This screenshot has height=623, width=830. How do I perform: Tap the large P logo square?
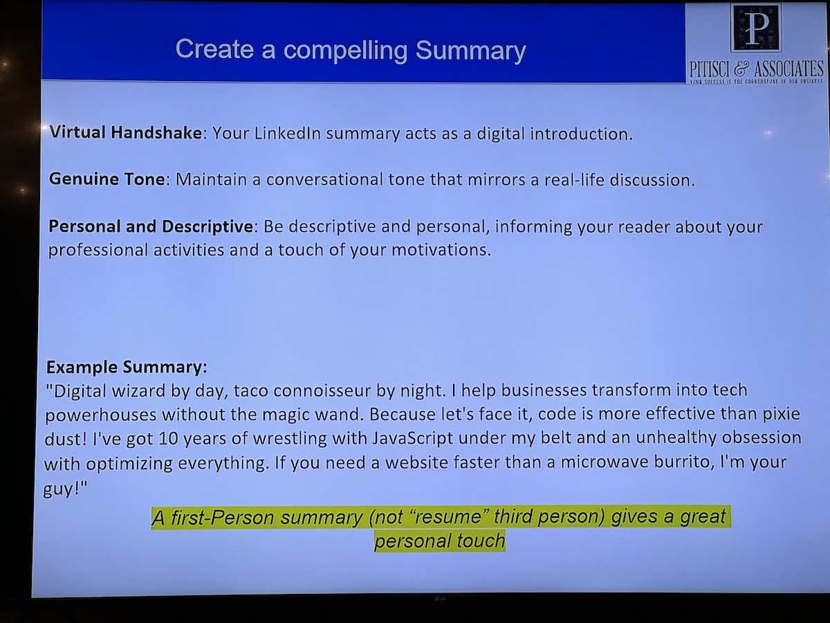pos(756,28)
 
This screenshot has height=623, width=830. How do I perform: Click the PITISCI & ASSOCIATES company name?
pos(756,69)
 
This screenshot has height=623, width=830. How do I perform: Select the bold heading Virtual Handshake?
pos(126,132)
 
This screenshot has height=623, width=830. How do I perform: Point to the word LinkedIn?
pos(287,133)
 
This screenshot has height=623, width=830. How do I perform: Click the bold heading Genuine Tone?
pos(107,179)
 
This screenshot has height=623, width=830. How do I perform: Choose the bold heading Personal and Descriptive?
pos(151,226)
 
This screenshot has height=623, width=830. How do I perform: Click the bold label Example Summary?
pos(127,368)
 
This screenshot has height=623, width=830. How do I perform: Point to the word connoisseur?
pos(322,390)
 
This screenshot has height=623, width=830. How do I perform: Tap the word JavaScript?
pos(412,439)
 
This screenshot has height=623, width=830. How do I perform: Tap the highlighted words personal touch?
pos(440,541)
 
